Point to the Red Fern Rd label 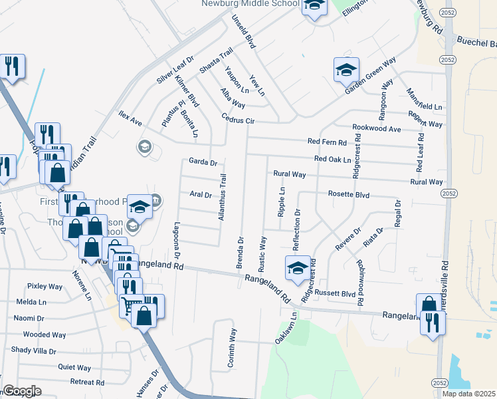327,142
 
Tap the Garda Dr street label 203,162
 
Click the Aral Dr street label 200,195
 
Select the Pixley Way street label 45,287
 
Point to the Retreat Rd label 87,382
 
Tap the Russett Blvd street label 336,293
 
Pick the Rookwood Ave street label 377,128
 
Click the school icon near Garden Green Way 346,68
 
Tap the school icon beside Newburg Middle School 314,6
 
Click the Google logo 22,392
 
